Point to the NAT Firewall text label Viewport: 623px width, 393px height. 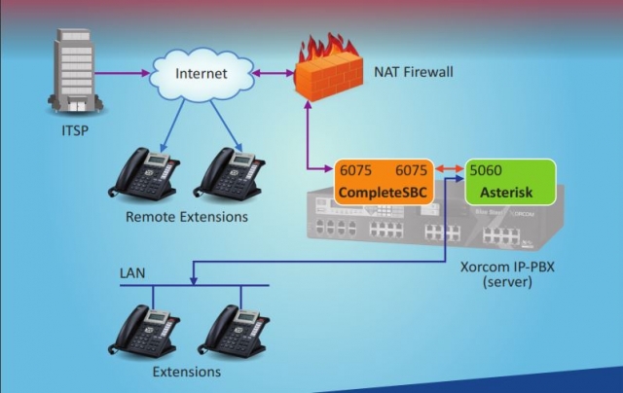pos(415,71)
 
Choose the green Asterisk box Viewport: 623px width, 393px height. pos(510,181)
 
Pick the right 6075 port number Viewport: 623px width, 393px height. pos(411,169)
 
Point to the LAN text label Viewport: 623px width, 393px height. pos(131,272)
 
